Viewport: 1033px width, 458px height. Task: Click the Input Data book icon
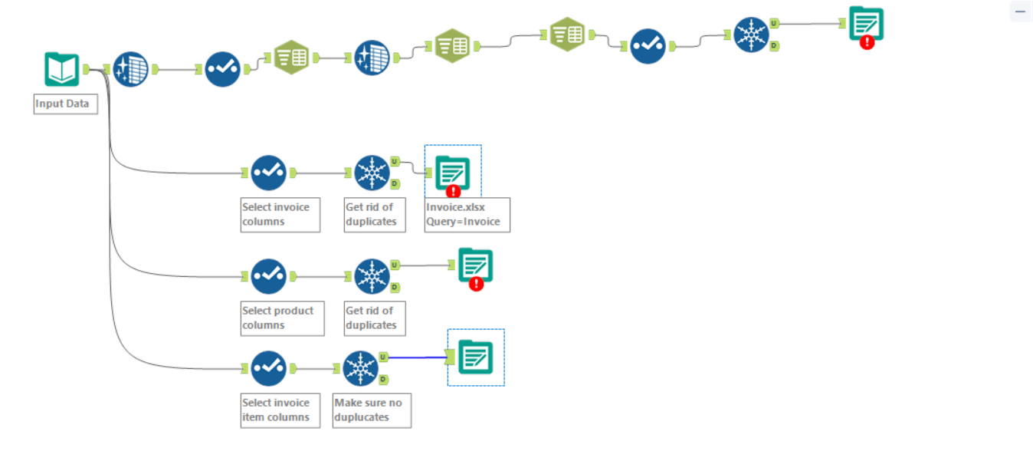61,69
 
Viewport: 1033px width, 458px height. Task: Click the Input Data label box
66,104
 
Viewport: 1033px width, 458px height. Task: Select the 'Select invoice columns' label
280,214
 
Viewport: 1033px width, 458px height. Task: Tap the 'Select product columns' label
282,318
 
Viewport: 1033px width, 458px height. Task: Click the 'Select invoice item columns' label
280,410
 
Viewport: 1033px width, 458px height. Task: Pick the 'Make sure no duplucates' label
372,410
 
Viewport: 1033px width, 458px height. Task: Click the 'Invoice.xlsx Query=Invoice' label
467,214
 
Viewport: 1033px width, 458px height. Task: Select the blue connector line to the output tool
414,357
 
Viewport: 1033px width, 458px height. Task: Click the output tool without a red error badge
475,357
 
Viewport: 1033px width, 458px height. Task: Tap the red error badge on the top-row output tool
867,42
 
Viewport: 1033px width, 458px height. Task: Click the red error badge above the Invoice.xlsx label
453,191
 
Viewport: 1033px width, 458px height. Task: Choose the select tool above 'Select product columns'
268,276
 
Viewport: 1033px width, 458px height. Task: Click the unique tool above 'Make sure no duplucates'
361,368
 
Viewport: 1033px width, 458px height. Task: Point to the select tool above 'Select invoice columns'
268,173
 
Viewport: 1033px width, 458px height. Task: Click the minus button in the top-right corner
1020,12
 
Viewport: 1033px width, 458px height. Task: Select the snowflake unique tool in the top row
751,35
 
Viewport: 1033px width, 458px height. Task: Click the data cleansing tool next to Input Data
131,69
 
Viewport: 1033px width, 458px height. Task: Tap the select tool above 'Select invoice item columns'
268,368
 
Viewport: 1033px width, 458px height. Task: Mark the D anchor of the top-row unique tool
774,46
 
